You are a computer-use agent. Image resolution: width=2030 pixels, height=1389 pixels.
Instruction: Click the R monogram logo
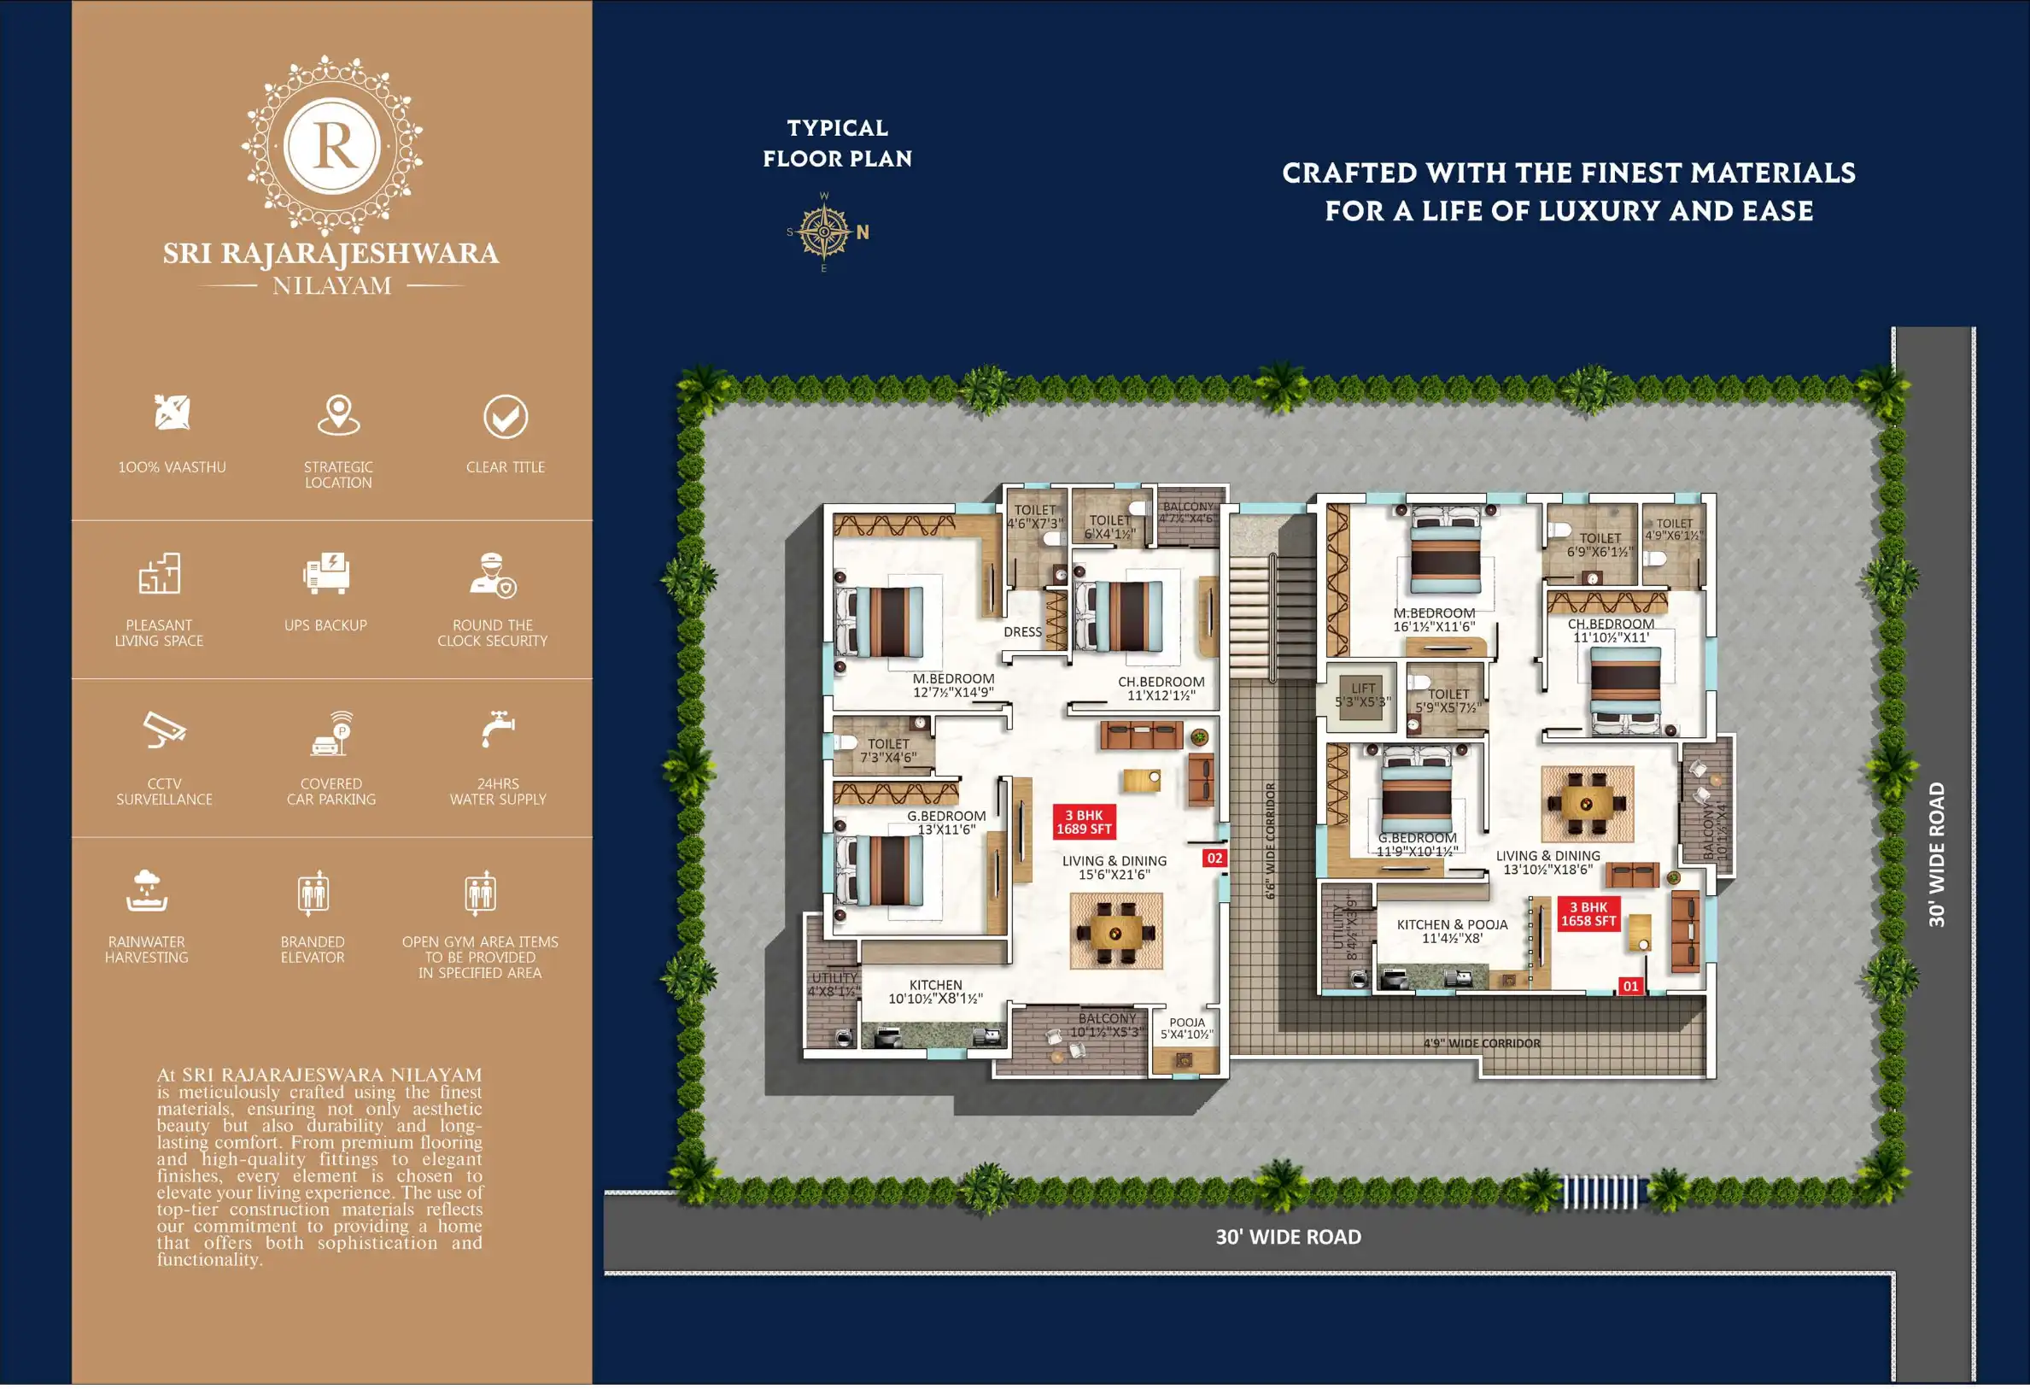[x=332, y=145]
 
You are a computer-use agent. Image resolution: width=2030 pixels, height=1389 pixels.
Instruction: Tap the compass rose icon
[x=824, y=232]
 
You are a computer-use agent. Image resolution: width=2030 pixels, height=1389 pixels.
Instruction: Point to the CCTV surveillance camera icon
[x=164, y=731]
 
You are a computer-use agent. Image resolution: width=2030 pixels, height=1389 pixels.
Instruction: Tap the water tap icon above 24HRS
[x=498, y=730]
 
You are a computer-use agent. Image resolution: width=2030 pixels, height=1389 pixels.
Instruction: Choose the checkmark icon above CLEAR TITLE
[x=506, y=418]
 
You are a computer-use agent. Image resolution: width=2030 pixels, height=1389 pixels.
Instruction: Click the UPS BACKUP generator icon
[x=326, y=574]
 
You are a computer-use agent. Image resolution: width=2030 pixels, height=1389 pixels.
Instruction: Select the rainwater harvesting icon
[x=147, y=892]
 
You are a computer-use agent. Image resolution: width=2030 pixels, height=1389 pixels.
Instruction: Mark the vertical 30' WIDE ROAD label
[x=1937, y=855]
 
